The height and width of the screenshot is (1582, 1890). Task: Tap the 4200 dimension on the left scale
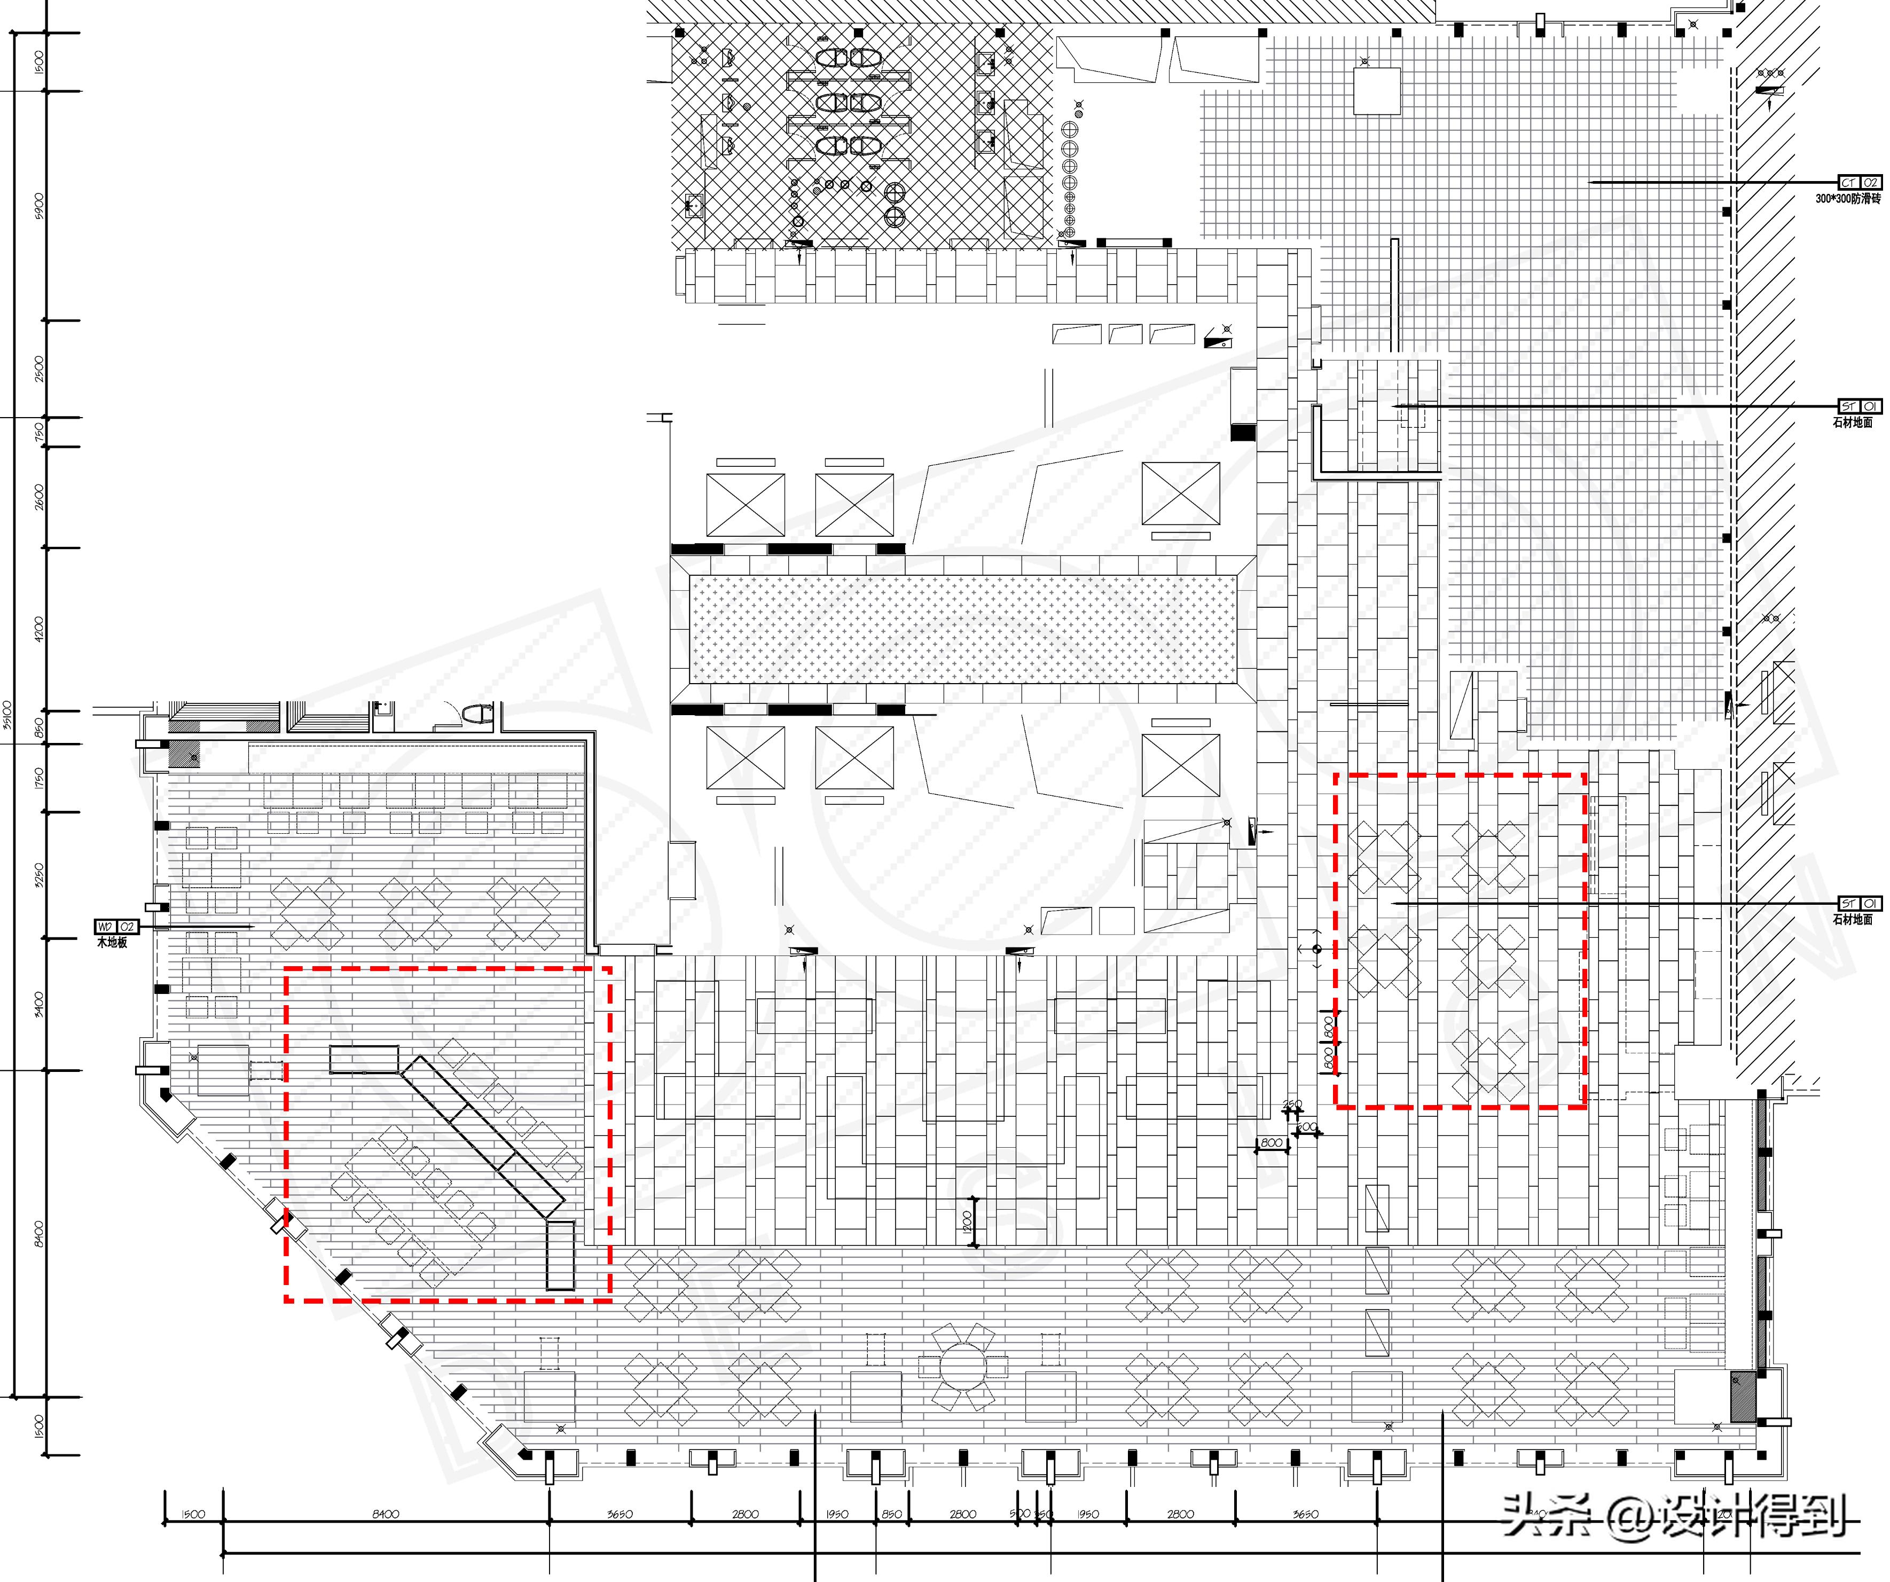38,628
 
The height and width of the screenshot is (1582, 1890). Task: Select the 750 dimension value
38,432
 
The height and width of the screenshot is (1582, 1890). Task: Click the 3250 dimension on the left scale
38,875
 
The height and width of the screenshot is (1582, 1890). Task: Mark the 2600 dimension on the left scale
38,497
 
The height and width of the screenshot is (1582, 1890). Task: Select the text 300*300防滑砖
1848,199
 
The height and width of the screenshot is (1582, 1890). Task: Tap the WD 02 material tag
116,927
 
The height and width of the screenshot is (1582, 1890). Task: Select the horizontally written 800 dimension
1271,1143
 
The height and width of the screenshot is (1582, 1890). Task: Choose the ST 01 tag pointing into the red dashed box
1860,904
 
